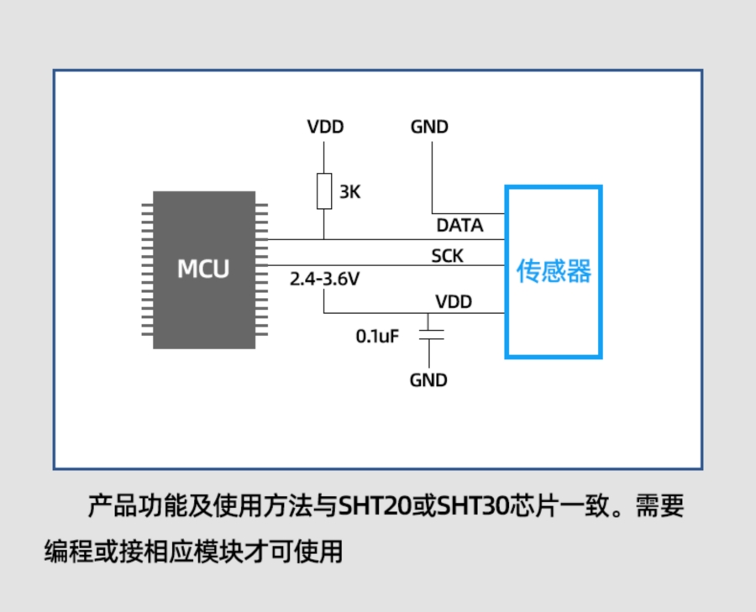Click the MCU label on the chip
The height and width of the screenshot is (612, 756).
click(x=203, y=269)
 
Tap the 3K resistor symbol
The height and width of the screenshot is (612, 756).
click(x=323, y=191)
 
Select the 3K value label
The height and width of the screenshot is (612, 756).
click(x=349, y=192)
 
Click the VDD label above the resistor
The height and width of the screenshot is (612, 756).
click(x=325, y=128)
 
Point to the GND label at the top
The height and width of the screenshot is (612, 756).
click(x=429, y=128)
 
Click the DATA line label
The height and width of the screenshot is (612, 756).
click(x=459, y=225)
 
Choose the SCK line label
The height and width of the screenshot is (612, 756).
click(x=447, y=256)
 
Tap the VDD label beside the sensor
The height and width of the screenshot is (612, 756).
click(x=454, y=301)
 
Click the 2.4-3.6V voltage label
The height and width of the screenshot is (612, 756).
click(x=324, y=280)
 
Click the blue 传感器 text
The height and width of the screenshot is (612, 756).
click(x=554, y=271)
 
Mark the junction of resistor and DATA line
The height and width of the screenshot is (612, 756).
click(x=323, y=238)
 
